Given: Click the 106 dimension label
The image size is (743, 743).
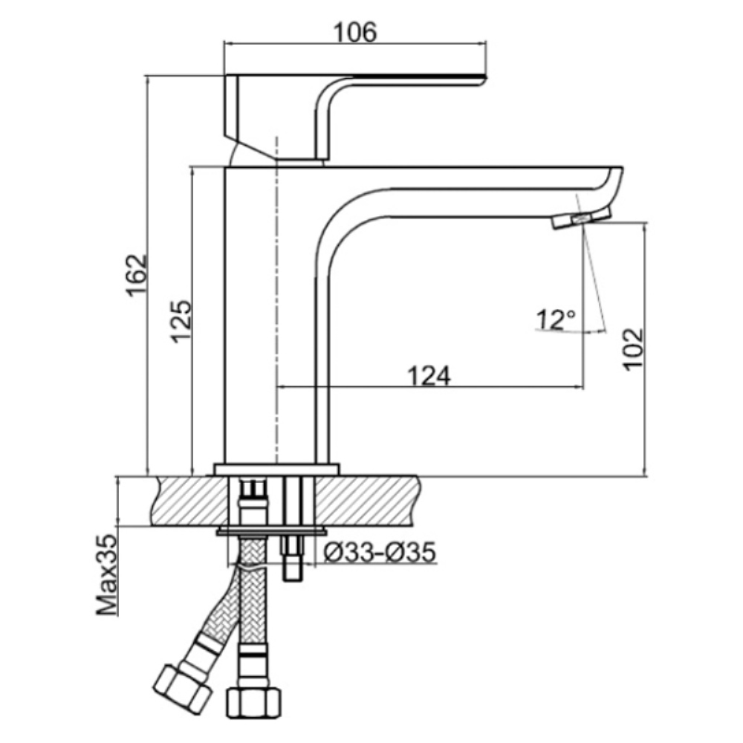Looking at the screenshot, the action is pyautogui.click(x=355, y=32).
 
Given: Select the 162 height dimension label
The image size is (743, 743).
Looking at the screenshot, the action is pyautogui.click(x=137, y=276).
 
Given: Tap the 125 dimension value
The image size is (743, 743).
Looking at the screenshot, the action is pyautogui.click(x=181, y=321).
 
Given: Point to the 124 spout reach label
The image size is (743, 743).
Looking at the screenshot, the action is pyautogui.click(x=429, y=376).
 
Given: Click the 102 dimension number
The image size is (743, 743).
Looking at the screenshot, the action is pyautogui.click(x=633, y=349).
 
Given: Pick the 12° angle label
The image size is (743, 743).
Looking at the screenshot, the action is pyautogui.click(x=556, y=319).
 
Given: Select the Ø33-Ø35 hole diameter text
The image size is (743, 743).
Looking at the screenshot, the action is pyautogui.click(x=379, y=551).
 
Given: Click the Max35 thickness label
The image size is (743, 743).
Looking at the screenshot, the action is pyautogui.click(x=106, y=575).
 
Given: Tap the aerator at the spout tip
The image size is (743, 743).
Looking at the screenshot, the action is pyautogui.click(x=582, y=219).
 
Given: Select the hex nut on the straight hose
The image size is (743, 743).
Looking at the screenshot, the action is pyautogui.click(x=253, y=703).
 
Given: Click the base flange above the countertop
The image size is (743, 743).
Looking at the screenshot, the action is pyautogui.click(x=276, y=469).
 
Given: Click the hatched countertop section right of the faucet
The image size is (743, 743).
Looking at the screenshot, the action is pyautogui.click(x=368, y=500).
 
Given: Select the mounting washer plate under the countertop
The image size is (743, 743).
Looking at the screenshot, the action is pyautogui.click(x=271, y=531).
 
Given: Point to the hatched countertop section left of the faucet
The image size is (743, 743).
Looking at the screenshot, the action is pyautogui.click(x=190, y=500).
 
